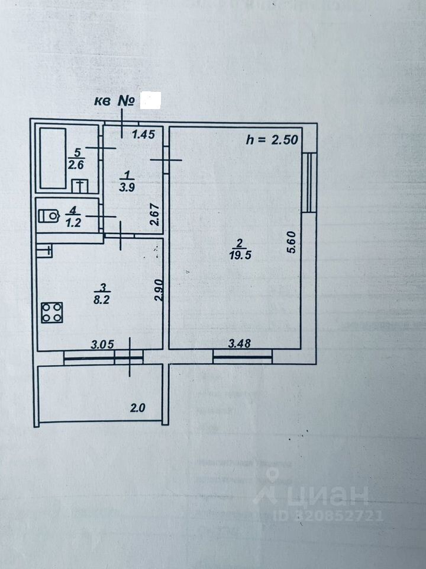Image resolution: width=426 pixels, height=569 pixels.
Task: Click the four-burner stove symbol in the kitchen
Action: point(51,312)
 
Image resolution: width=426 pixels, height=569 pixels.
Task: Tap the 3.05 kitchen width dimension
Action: point(102,343)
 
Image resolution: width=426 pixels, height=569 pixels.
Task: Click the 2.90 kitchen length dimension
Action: point(158,289)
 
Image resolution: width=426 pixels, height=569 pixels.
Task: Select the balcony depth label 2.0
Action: point(137,408)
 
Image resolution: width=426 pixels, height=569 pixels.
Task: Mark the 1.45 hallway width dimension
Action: point(143,135)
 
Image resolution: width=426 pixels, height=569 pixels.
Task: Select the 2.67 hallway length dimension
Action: point(154,215)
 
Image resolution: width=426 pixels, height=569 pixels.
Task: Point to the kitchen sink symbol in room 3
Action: point(44,251)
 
